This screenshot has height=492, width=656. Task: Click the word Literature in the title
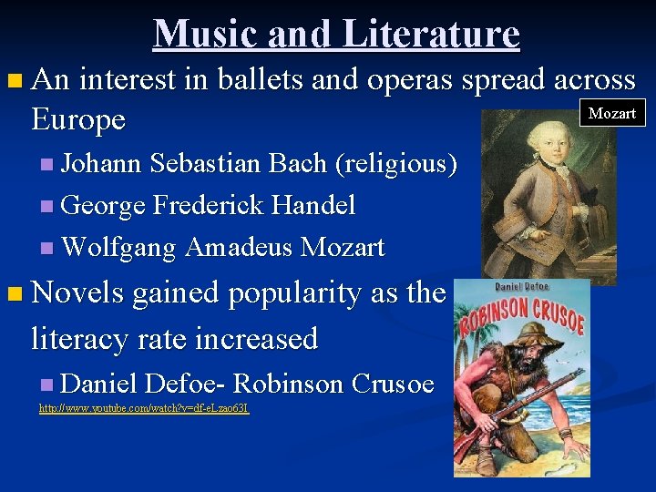(431, 35)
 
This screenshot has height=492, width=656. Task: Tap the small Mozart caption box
(612, 114)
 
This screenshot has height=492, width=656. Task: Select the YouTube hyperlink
(143, 408)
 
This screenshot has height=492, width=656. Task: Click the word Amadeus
(241, 247)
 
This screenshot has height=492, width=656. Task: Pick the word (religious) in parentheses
(396, 164)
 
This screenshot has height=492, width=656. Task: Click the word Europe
(77, 120)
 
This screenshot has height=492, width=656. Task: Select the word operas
(410, 80)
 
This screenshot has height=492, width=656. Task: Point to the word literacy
(83, 339)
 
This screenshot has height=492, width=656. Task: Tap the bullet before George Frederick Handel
(46, 207)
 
